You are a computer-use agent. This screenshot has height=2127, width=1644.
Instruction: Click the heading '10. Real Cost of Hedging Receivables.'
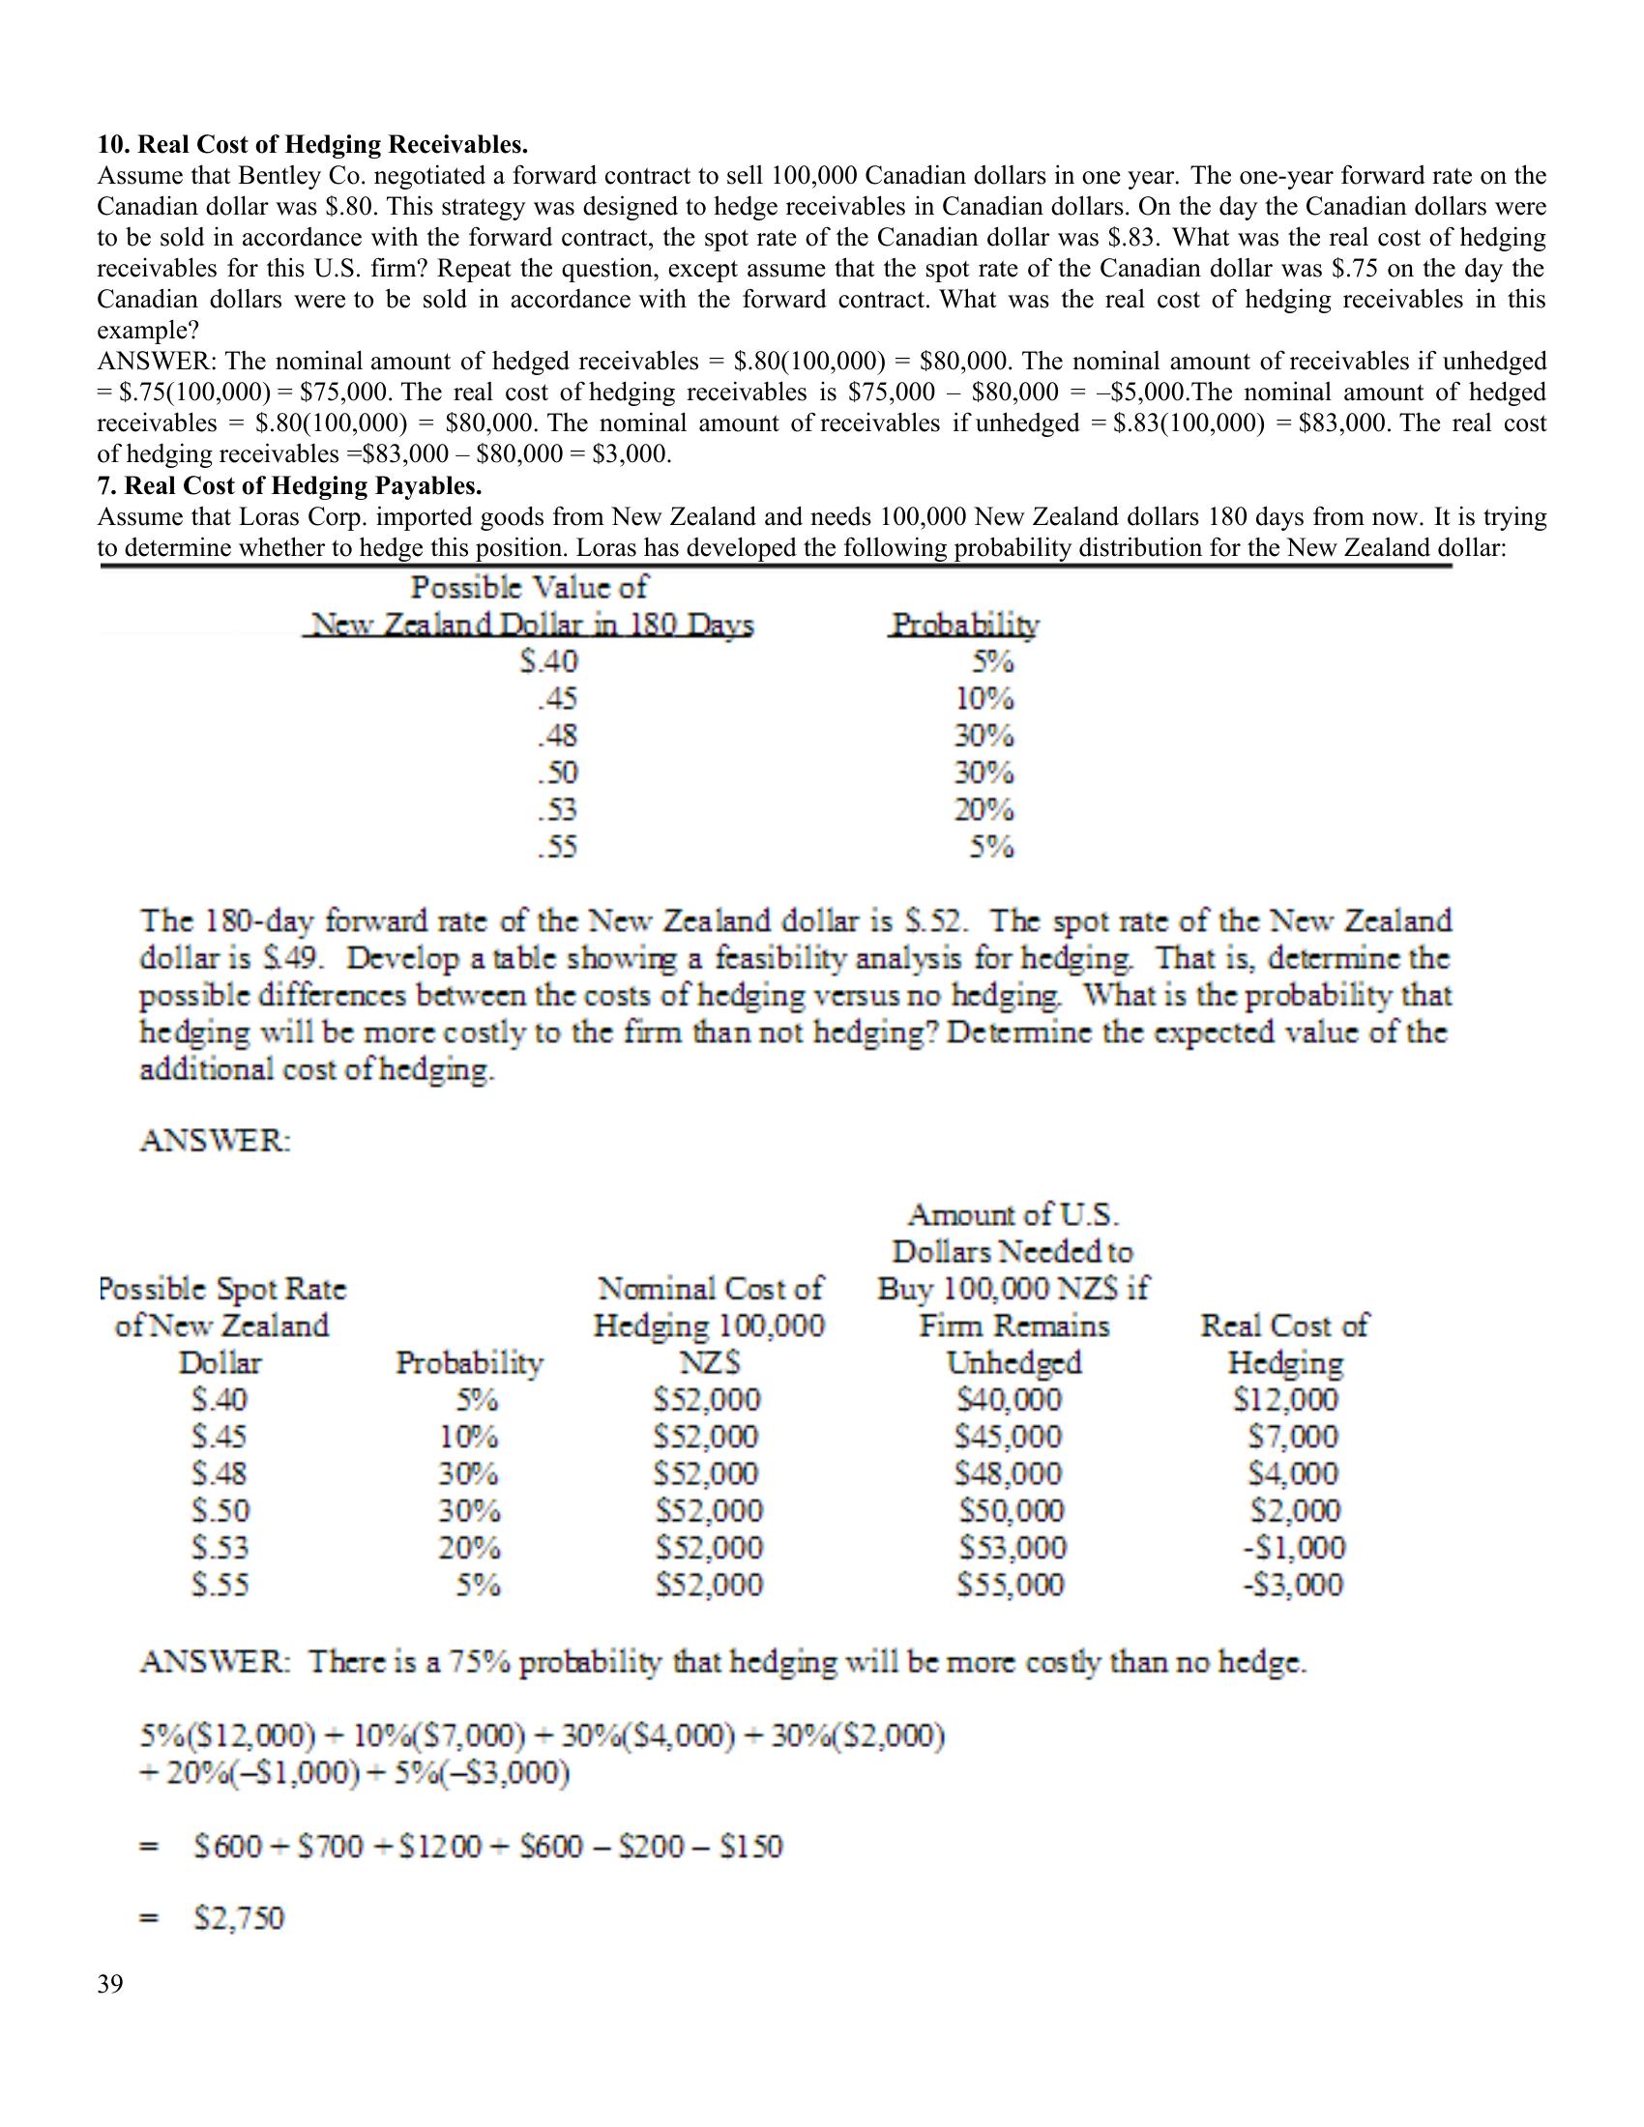pyautogui.click(x=311, y=145)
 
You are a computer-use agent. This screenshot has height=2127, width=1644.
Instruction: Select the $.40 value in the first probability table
pyautogui.click(x=549, y=662)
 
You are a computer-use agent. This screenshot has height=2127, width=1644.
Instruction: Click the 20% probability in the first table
pyautogui.click(x=983, y=810)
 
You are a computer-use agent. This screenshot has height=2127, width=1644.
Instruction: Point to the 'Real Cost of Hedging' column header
pyautogui.click(x=1284, y=1344)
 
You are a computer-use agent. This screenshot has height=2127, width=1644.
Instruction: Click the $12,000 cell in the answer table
pyautogui.click(x=1285, y=1400)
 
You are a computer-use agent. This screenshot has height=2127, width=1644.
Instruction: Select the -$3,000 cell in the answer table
pyautogui.click(x=1293, y=1585)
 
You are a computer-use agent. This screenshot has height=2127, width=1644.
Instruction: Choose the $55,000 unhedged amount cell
pyautogui.click(x=1013, y=1585)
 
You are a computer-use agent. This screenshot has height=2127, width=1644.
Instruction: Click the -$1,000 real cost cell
pyautogui.click(x=1293, y=1548)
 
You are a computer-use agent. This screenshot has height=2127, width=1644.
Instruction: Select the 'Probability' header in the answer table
pyautogui.click(x=469, y=1362)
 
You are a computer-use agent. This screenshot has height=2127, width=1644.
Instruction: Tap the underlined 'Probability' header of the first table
pyautogui.click(x=965, y=626)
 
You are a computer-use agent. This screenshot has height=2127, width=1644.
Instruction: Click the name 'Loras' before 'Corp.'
pyautogui.click(x=271, y=516)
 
